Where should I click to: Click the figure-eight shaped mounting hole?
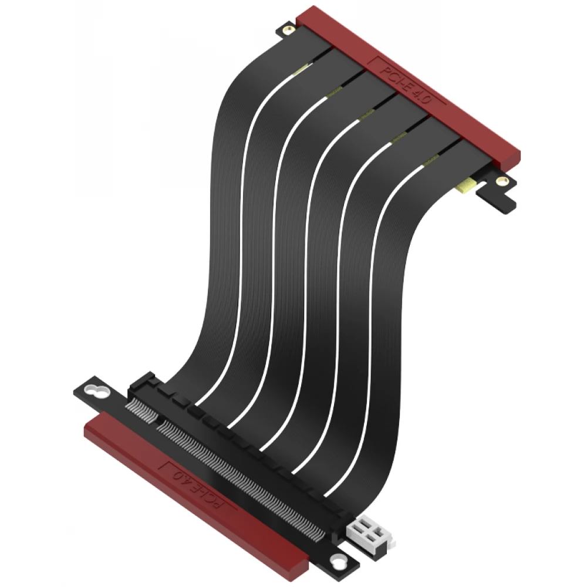point(96,391)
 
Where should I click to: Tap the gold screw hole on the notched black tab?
point(501,182)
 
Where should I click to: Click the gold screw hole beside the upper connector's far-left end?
point(288,31)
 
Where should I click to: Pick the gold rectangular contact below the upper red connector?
point(466,187)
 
